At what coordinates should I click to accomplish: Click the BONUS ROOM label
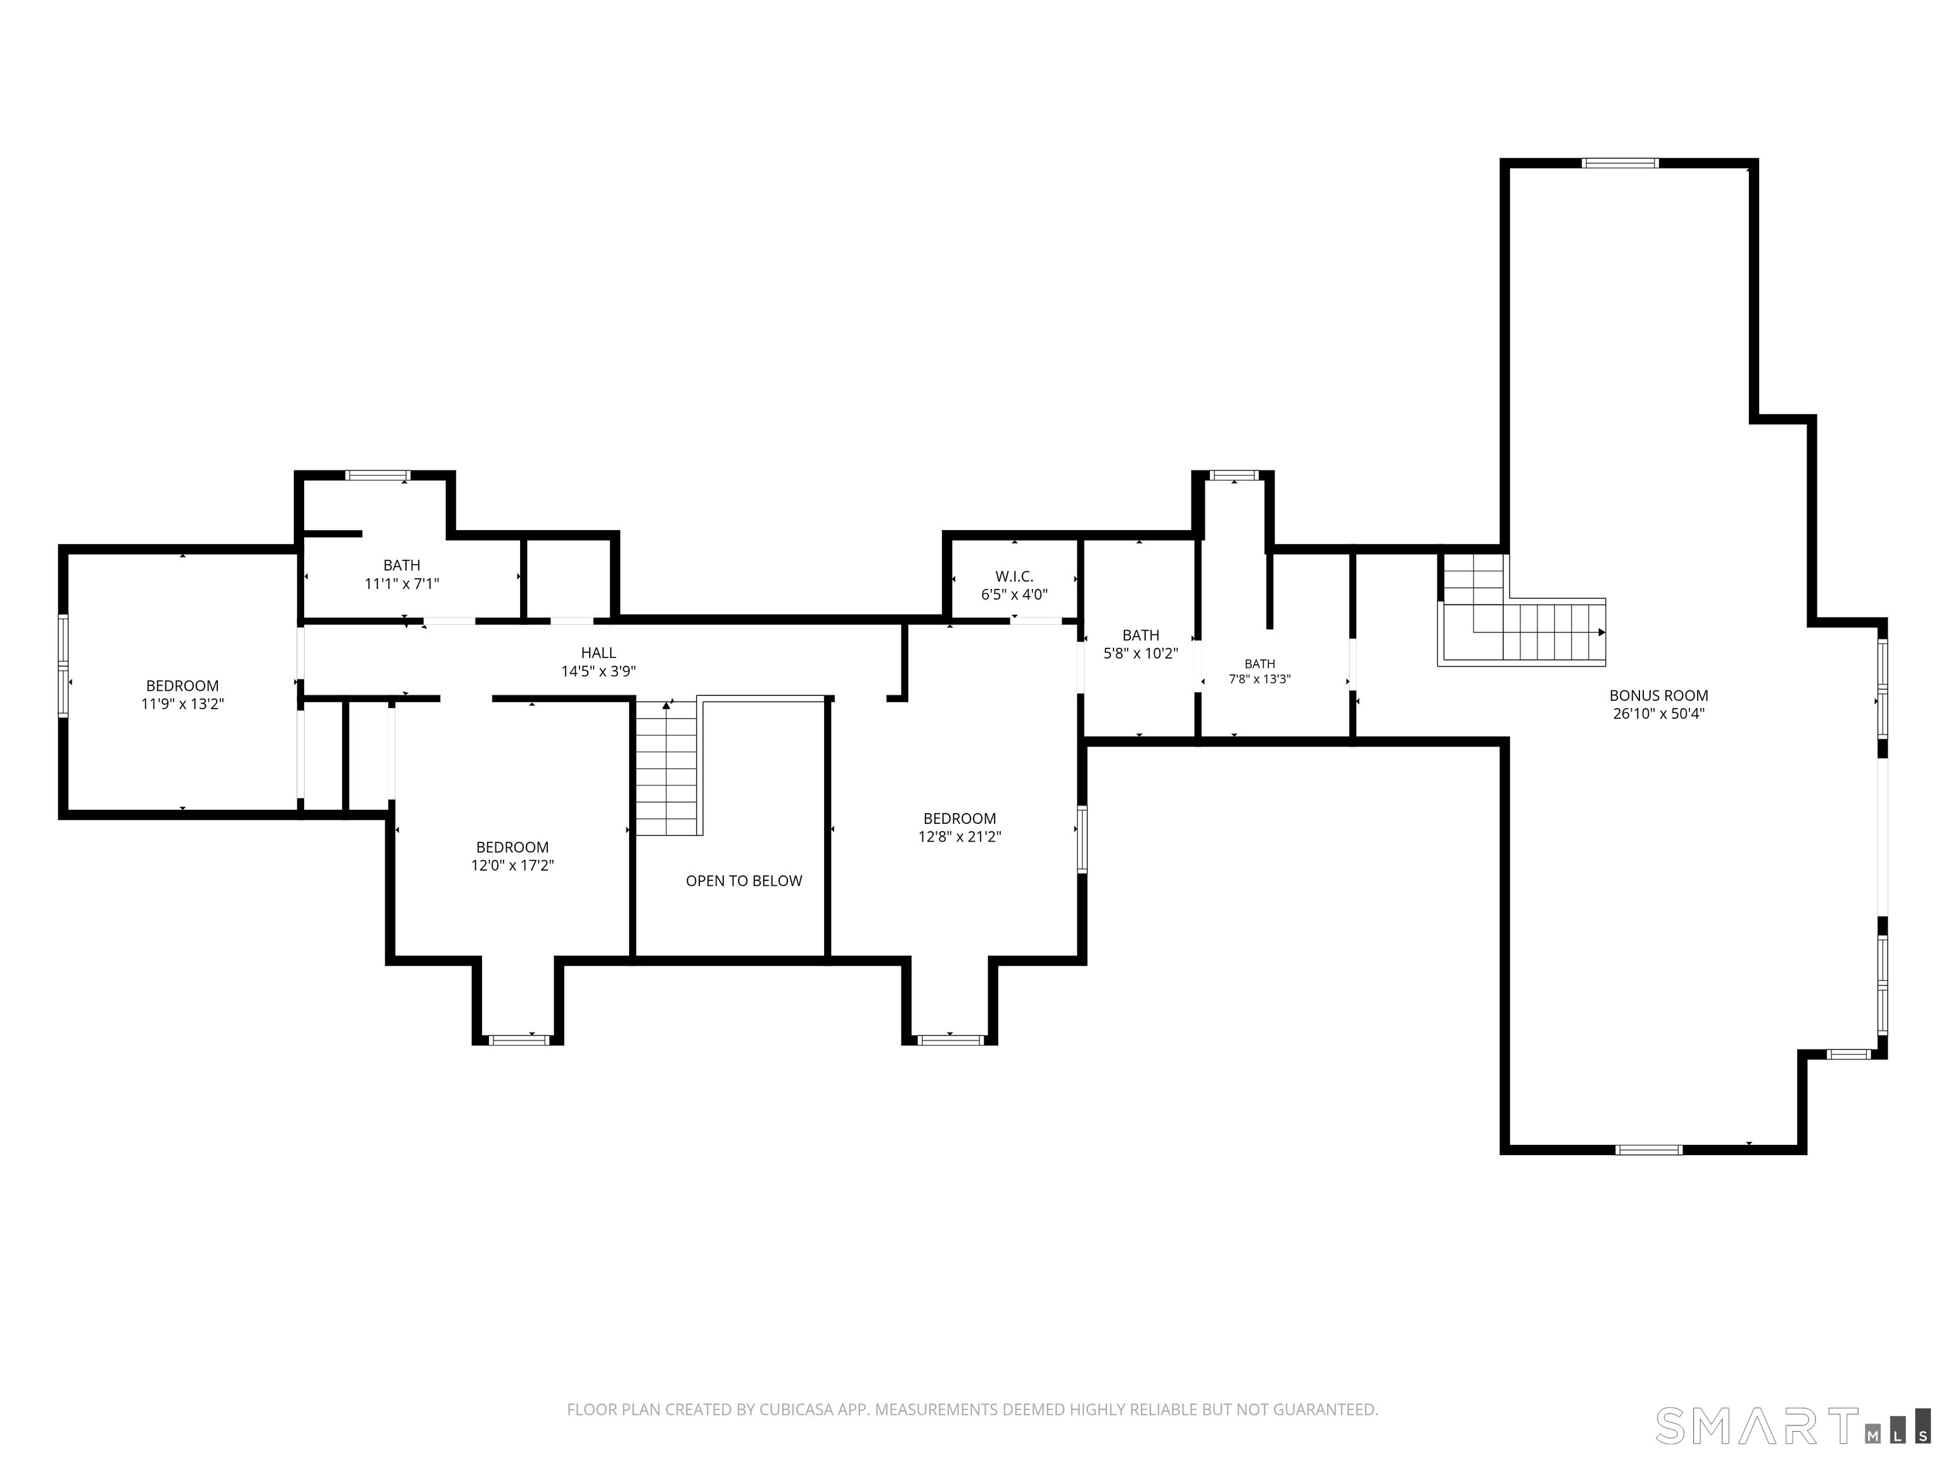click(1658, 696)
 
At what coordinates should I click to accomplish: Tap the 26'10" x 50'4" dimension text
click(1658, 714)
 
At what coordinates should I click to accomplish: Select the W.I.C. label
click(1014, 577)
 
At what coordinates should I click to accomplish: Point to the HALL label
click(598, 652)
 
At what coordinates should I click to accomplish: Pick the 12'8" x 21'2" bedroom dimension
click(960, 837)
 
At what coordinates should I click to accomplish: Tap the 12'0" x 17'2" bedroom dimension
click(512, 866)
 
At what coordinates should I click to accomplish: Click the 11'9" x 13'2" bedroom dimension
click(183, 704)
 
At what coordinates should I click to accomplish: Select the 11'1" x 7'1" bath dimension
click(402, 583)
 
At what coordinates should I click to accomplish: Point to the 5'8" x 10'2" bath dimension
click(1141, 654)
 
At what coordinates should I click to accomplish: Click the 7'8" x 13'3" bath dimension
click(1260, 679)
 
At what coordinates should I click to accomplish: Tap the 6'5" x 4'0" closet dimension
click(1014, 595)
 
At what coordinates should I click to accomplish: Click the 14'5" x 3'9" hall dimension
click(598, 671)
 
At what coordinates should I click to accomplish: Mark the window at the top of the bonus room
click(1620, 163)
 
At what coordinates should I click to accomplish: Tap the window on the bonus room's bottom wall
click(1649, 1149)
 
